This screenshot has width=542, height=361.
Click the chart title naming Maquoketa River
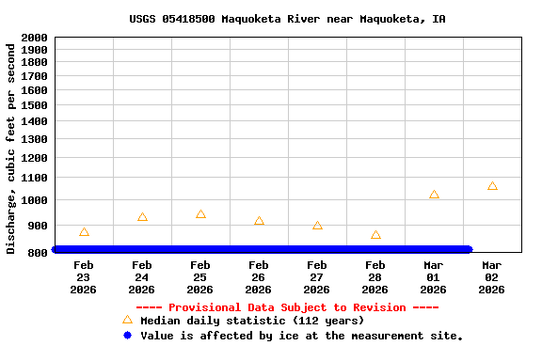pos(287,19)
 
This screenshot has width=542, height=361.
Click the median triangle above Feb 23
pos(84,232)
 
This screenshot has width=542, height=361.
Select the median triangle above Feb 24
pos(142,217)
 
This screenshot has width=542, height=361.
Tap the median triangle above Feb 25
pos(200,214)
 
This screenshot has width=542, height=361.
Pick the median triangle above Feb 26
pos(259,221)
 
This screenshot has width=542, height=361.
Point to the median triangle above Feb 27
pos(317,226)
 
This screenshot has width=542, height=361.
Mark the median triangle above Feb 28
pos(375,235)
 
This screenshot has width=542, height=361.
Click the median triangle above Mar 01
pos(434,195)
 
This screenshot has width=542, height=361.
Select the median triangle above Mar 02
pos(492,186)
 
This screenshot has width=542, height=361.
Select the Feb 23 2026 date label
pos(84,277)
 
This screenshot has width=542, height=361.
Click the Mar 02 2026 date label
pos(492,277)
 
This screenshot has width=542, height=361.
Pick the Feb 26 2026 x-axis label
pos(259,277)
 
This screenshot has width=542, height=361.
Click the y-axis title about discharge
pos(11,148)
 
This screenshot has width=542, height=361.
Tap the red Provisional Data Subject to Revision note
pos(287,307)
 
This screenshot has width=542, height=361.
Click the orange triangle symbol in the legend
pos(127,320)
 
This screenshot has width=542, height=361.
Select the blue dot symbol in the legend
pos(127,335)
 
